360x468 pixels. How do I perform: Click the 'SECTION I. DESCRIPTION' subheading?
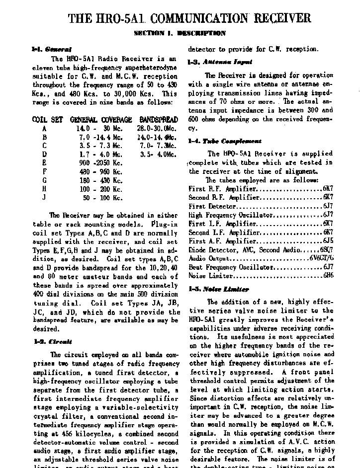[x=180, y=33]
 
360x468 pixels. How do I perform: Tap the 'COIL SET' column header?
[x=47, y=120]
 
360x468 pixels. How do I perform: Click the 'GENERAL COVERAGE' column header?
[x=101, y=120]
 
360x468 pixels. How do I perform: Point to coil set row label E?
[x=44, y=163]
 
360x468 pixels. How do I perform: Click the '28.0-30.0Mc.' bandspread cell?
[x=157, y=128]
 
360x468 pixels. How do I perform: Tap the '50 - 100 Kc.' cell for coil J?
[x=102, y=198]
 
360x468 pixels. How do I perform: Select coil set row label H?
[x=44, y=189]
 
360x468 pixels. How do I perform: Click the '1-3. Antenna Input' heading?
[x=220, y=62]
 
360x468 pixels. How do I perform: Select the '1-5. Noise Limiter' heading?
[x=218, y=289]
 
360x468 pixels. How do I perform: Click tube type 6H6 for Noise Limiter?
[x=328, y=276]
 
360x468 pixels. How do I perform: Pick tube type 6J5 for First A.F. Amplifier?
[x=328, y=241]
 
